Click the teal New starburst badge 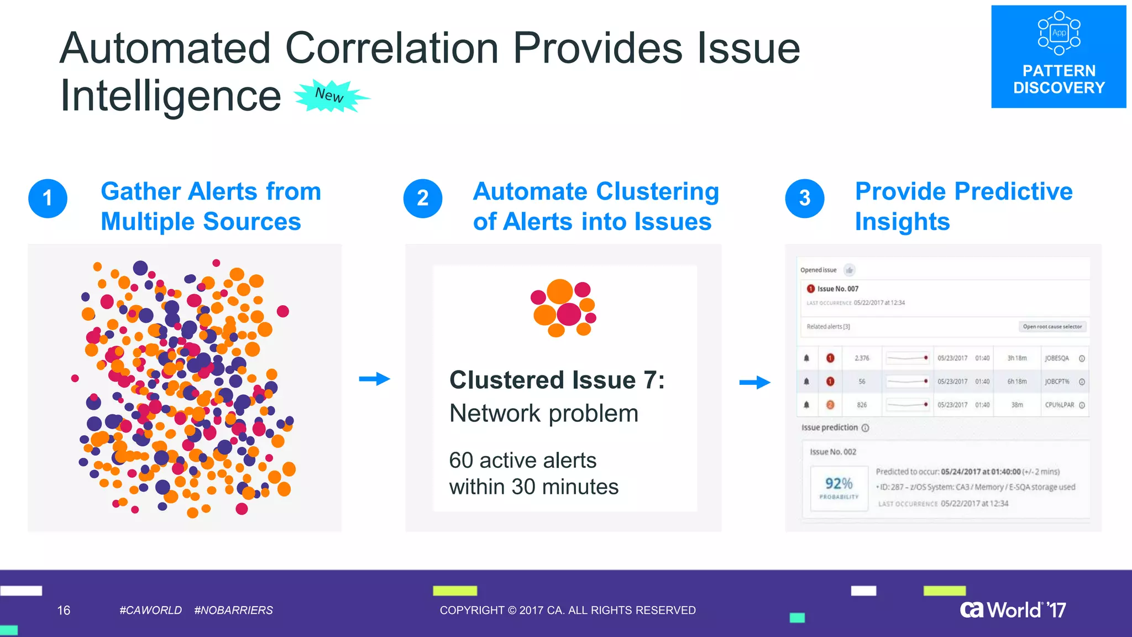coord(331,96)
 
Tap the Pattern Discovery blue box coord(1058,57)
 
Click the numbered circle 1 coord(48,199)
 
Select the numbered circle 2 coord(422,199)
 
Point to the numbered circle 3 coord(804,199)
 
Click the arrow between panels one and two coord(374,379)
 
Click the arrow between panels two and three coord(754,382)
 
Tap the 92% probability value coord(838,484)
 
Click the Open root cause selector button coord(1052,327)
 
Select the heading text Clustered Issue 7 coord(557,380)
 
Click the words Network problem coord(544,414)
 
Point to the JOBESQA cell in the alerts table coord(1056,358)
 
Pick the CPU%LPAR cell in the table coord(1059,405)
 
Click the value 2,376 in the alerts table coord(862,358)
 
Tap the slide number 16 coord(64,610)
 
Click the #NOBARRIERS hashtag coord(233,610)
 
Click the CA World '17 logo coord(1013,610)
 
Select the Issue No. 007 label coord(837,289)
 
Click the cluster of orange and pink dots coord(563,308)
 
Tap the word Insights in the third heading coord(902,222)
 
